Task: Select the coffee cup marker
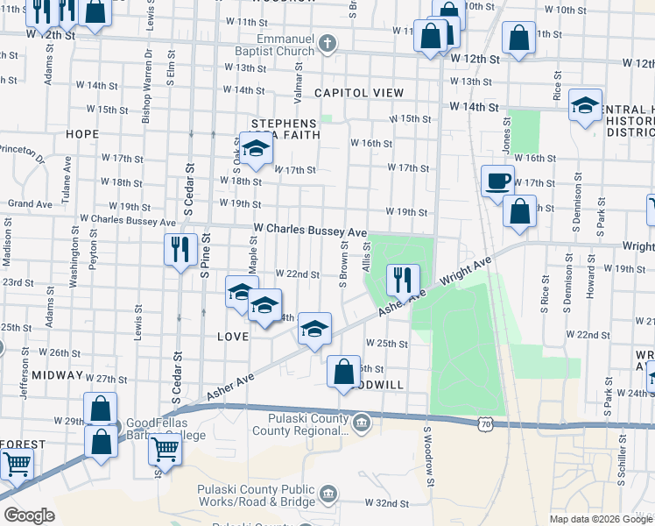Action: coord(498,181)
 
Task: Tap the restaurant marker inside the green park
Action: coord(402,281)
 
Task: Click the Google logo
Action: coord(28,515)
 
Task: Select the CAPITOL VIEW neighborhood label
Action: coord(359,93)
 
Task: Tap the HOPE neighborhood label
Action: coord(81,134)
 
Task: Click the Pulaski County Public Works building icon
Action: coord(327,494)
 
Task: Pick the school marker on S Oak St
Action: coord(257,150)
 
